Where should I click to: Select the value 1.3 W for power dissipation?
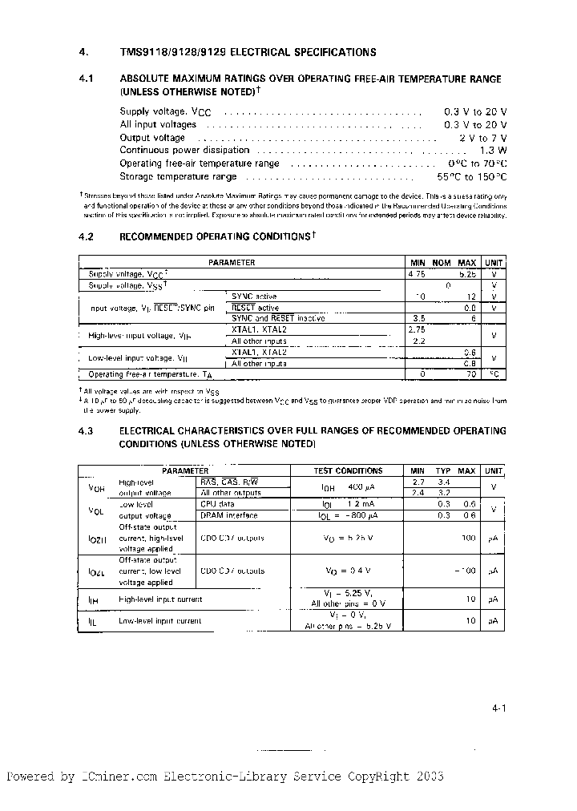coord(493,151)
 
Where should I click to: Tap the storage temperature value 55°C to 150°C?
coord(475,176)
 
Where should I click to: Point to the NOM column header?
coord(442,263)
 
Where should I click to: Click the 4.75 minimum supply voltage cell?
coord(417,274)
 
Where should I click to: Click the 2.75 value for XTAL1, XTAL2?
coord(416,329)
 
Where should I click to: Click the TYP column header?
coord(442,471)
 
